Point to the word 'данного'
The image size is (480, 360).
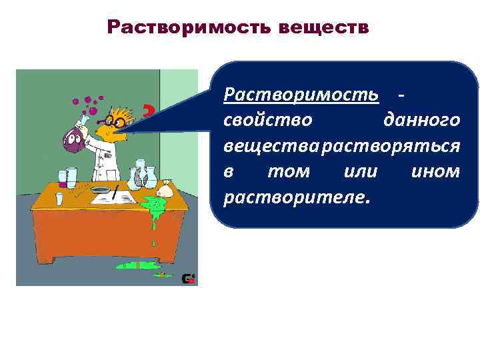click(x=421, y=121)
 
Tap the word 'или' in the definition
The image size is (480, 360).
click(x=359, y=171)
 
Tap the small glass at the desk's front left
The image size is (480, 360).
click(x=60, y=199)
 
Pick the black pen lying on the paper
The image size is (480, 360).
click(x=115, y=194)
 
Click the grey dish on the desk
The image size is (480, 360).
click(x=101, y=190)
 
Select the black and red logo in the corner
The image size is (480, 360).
click(x=189, y=279)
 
